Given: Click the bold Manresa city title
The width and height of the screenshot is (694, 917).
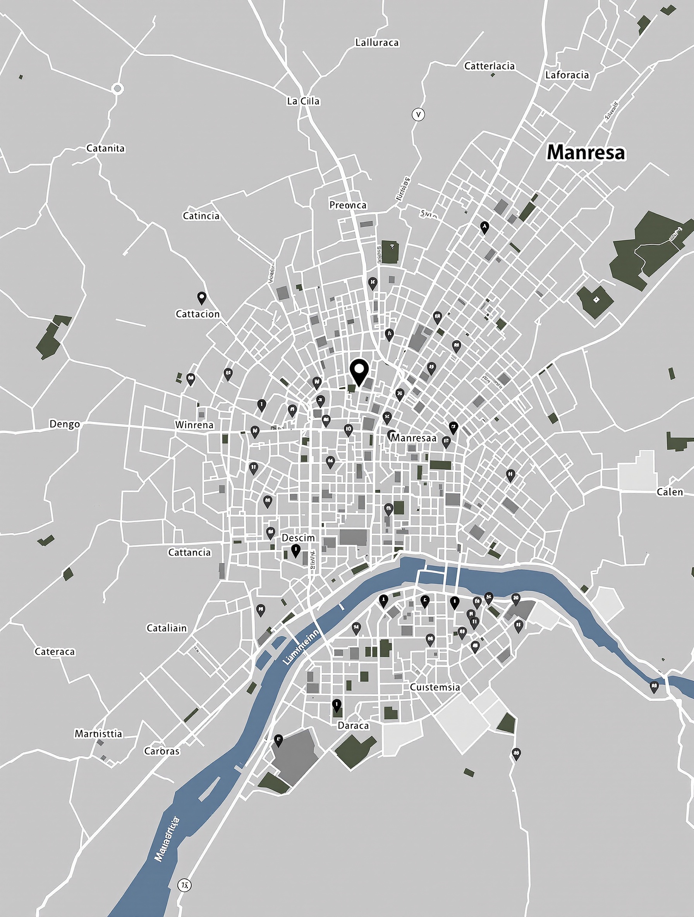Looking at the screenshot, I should (x=586, y=153).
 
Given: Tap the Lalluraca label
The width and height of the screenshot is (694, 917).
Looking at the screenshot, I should (x=377, y=42).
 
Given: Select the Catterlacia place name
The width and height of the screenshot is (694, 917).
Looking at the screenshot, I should (x=489, y=66).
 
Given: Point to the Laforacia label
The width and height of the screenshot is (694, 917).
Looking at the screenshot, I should (x=567, y=75).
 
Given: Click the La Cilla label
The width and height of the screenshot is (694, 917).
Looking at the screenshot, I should (x=303, y=101).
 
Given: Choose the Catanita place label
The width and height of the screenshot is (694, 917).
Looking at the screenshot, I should (x=105, y=148).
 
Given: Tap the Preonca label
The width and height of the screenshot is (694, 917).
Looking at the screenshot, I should (x=348, y=205).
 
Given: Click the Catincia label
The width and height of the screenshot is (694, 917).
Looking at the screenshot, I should (x=201, y=216).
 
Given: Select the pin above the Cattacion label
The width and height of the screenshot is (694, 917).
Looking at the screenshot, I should (x=201, y=297).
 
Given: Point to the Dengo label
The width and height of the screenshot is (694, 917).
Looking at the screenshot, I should (x=65, y=424).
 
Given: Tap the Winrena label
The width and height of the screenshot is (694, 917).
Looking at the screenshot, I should (x=194, y=425).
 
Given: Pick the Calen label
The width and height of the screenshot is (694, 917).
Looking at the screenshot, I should (x=670, y=492).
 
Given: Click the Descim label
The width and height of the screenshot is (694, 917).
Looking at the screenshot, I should (x=298, y=537).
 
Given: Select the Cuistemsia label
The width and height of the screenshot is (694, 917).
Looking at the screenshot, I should (x=435, y=687).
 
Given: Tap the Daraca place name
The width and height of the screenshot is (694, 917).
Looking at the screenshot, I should (x=353, y=725).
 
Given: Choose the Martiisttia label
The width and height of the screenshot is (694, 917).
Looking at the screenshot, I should (x=99, y=733).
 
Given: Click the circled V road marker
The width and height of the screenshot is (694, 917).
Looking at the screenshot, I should (x=418, y=114).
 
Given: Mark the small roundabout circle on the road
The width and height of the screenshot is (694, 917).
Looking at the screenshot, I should (x=117, y=88).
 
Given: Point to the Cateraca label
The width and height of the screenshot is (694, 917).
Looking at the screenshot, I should (x=55, y=652).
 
